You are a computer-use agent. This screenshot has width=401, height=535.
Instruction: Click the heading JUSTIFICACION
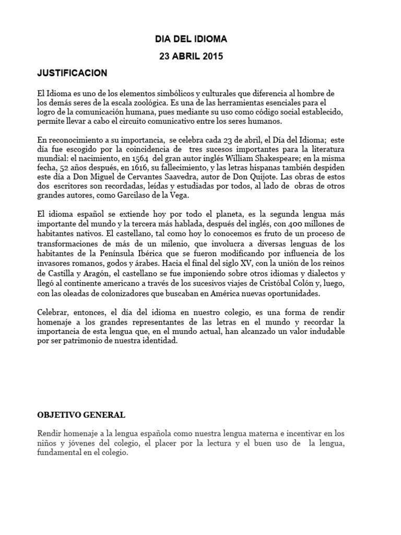pyautogui.click(x=72, y=73)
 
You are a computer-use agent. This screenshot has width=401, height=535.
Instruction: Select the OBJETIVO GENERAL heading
pyautogui.click(x=81, y=415)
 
